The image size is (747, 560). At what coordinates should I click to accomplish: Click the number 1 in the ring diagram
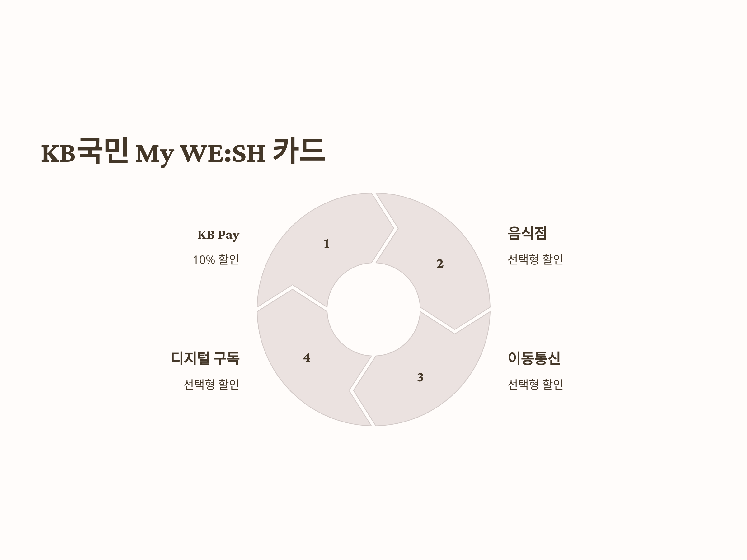click(x=326, y=244)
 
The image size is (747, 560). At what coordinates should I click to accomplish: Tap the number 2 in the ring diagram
click(x=440, y=263)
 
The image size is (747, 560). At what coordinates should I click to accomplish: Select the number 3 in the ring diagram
click(x=420, y=377)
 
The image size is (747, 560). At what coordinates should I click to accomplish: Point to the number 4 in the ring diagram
click(x=307, y=357)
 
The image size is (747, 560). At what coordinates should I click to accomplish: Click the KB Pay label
click(x=218, y=235)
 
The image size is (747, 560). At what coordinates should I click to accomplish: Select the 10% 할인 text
click(x=216, y=259)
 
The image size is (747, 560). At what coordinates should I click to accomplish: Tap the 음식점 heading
click(x=527, y=233)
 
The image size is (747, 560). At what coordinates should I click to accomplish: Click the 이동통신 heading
click(x=534, y=358)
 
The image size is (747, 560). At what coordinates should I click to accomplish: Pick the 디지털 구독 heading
click(x=205, y=358)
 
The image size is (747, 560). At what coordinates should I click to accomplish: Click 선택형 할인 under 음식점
click(x=535, y=259)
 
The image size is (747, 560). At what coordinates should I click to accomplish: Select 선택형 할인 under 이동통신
click(x=535, y=384)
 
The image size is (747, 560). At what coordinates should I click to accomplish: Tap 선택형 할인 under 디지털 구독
click(x=211, y=384)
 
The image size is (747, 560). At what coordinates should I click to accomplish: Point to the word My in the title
click(x=155, y=154)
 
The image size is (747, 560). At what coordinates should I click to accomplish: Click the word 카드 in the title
click(x=298, y=151)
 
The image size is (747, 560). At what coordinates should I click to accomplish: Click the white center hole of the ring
click(x=374, y=309)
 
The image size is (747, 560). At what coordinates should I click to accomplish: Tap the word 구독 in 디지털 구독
click(x=227, y=358)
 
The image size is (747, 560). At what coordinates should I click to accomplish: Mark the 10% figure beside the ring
click(x=204, y=260)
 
